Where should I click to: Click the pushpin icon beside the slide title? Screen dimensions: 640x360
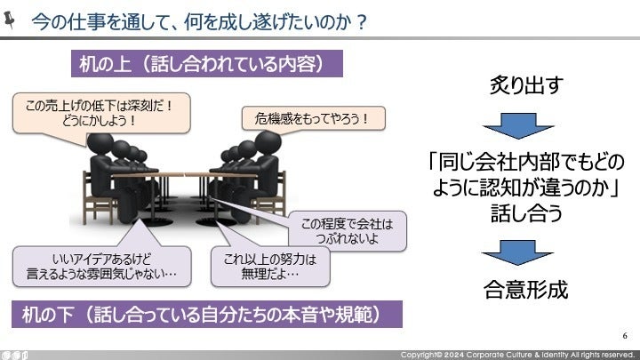coord(10,20)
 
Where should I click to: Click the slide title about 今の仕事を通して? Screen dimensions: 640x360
coord(199,21)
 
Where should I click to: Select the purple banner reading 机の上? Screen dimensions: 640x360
coord(207,64)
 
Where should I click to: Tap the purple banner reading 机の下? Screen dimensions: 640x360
coord(207,315)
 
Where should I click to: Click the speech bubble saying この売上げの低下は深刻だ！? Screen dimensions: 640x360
coord(101,113)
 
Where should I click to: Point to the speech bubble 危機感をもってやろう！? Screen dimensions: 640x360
coord(313,118)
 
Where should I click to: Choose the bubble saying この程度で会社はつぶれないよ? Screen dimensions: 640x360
coord(347,230)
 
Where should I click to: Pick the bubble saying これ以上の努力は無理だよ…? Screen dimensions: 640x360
coord(270,267)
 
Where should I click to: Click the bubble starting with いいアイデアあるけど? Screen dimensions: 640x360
coord(101,266)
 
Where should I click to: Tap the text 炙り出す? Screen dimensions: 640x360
coord(526,85)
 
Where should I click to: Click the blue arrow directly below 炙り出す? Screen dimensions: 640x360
coord(518,125)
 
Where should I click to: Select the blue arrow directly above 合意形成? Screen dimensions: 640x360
coord(517,252)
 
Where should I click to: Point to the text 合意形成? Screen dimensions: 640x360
coord(525,290)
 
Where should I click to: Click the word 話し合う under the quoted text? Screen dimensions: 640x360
coord(526,213)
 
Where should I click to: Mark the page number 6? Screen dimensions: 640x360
coord(625,335)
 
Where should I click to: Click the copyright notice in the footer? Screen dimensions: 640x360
coord(517,355)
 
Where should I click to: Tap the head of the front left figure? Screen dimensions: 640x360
coord(100,144)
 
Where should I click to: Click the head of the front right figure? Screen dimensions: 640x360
coord(268,142)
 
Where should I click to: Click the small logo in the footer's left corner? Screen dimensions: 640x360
coord(14,355)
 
